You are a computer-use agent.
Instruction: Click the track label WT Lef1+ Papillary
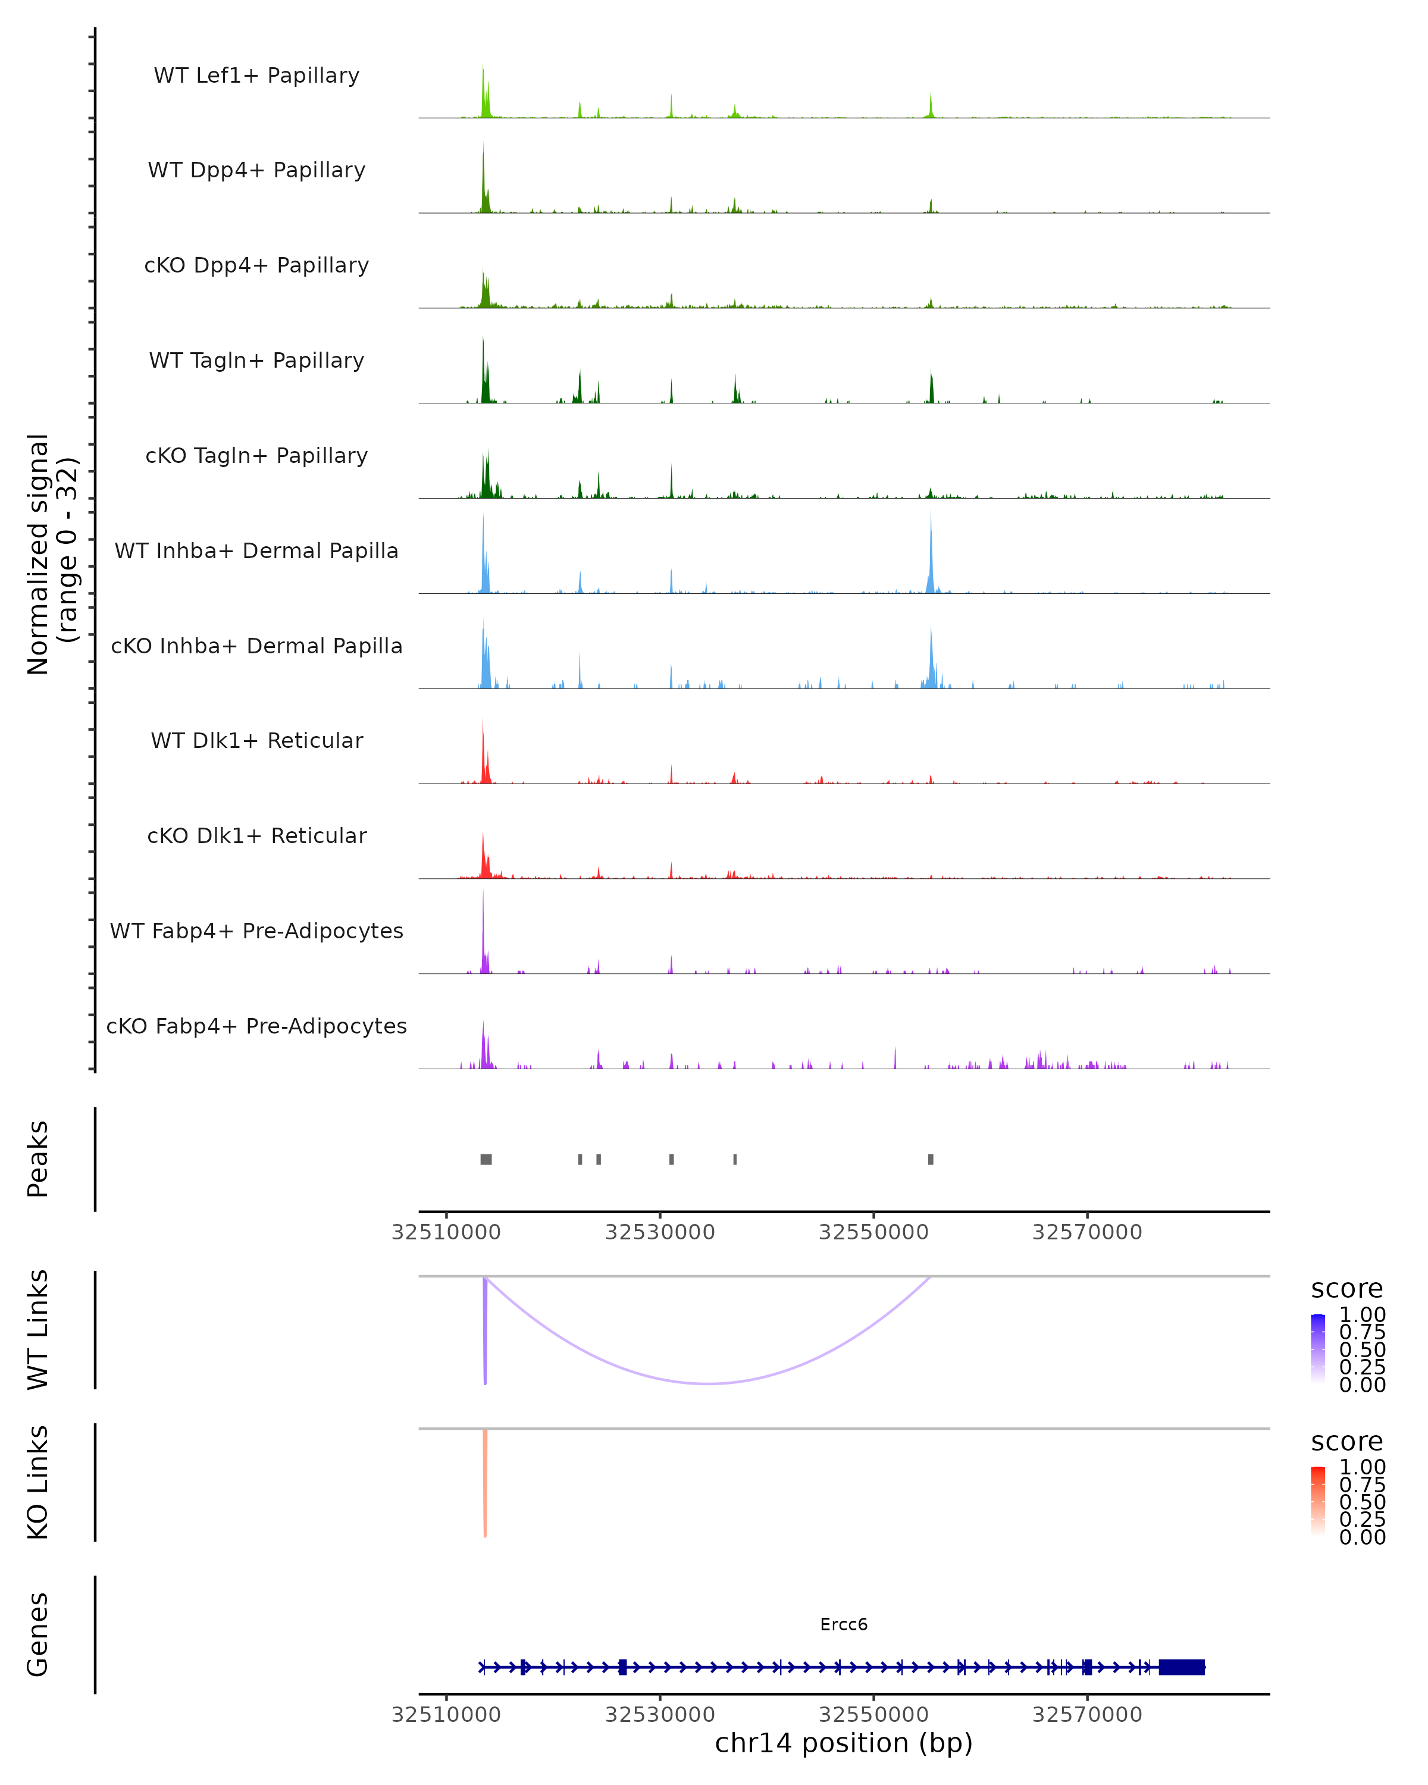click(256, 76)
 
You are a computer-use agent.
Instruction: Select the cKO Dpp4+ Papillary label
click(256, 266)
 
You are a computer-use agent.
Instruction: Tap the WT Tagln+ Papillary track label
click(256, 361)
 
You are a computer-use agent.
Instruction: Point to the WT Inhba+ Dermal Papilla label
click(256, 552)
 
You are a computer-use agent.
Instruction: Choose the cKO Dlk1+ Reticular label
click(256, 836)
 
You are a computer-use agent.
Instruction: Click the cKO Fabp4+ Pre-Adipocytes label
click(256, 1026)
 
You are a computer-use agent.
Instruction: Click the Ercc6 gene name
click(844, 1624)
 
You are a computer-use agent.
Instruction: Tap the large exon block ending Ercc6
click(1181, 1667)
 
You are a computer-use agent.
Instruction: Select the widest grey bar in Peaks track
click(486, 1159)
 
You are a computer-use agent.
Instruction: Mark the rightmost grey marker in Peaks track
click(931, 1159)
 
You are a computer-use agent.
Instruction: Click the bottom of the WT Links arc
click(709, 1383)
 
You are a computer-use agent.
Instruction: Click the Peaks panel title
click(38, 1159)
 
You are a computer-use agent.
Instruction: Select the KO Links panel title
click(38, 1483)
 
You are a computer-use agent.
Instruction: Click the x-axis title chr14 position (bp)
click(844, 1743)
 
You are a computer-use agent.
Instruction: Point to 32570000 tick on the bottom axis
click(1087, 1714)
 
